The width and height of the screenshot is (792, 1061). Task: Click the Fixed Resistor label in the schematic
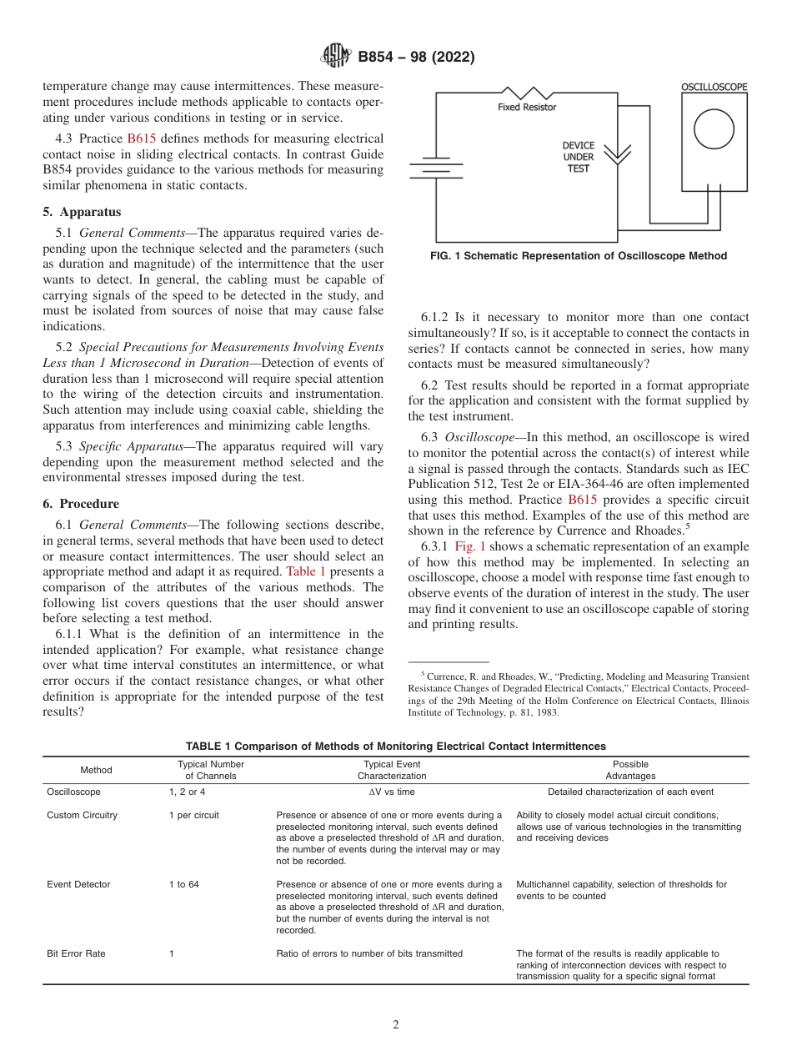point(527,107)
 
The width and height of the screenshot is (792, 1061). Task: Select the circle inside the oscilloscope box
point(714,133)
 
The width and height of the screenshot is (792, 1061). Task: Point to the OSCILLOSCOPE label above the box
point(714,86)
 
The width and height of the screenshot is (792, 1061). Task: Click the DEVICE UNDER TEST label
point(578,157)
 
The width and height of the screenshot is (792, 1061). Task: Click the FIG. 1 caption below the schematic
point(578,256)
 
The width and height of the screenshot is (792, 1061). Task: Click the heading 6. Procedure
point(81,504)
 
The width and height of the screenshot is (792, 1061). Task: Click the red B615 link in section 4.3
point(141,138)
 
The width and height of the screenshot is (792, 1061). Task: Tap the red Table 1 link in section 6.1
point(306,571)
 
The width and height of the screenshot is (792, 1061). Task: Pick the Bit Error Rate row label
point(76,953)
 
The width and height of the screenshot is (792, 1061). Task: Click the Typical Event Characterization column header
point(392,770)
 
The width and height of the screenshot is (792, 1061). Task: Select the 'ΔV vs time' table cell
point(392,792)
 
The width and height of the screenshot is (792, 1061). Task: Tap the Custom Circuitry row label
point(82,815)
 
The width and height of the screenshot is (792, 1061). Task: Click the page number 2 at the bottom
point(396,1025)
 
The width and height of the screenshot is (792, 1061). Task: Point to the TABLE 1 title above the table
point(395,746)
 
